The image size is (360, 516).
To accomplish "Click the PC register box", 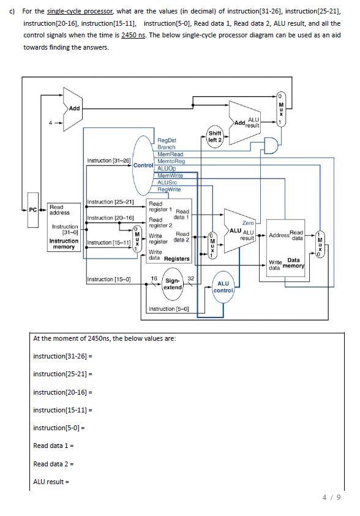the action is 33,210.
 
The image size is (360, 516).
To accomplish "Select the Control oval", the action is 143,165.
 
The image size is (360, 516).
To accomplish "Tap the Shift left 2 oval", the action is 215,137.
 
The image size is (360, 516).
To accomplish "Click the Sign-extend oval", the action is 173,284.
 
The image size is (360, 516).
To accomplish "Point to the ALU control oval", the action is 223,287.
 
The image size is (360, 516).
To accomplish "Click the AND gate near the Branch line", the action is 271,145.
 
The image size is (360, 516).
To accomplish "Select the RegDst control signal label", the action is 167,140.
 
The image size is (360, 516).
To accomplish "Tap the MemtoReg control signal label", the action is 171,161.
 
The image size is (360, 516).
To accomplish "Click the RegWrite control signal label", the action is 169,189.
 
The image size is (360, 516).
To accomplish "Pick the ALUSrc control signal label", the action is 167,182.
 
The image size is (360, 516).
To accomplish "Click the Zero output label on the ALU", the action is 248,223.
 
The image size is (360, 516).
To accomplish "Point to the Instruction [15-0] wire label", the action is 109,279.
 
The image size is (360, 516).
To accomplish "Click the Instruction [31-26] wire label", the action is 109,161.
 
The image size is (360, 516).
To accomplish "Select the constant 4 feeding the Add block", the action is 50,123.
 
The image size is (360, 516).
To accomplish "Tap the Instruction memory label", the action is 64,244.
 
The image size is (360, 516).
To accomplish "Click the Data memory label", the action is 293,263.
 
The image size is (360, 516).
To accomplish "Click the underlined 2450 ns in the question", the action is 133,35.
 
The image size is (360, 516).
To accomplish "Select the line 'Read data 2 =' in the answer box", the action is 53,464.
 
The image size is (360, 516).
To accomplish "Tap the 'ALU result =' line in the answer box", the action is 51,482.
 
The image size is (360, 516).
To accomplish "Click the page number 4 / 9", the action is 331,497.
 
